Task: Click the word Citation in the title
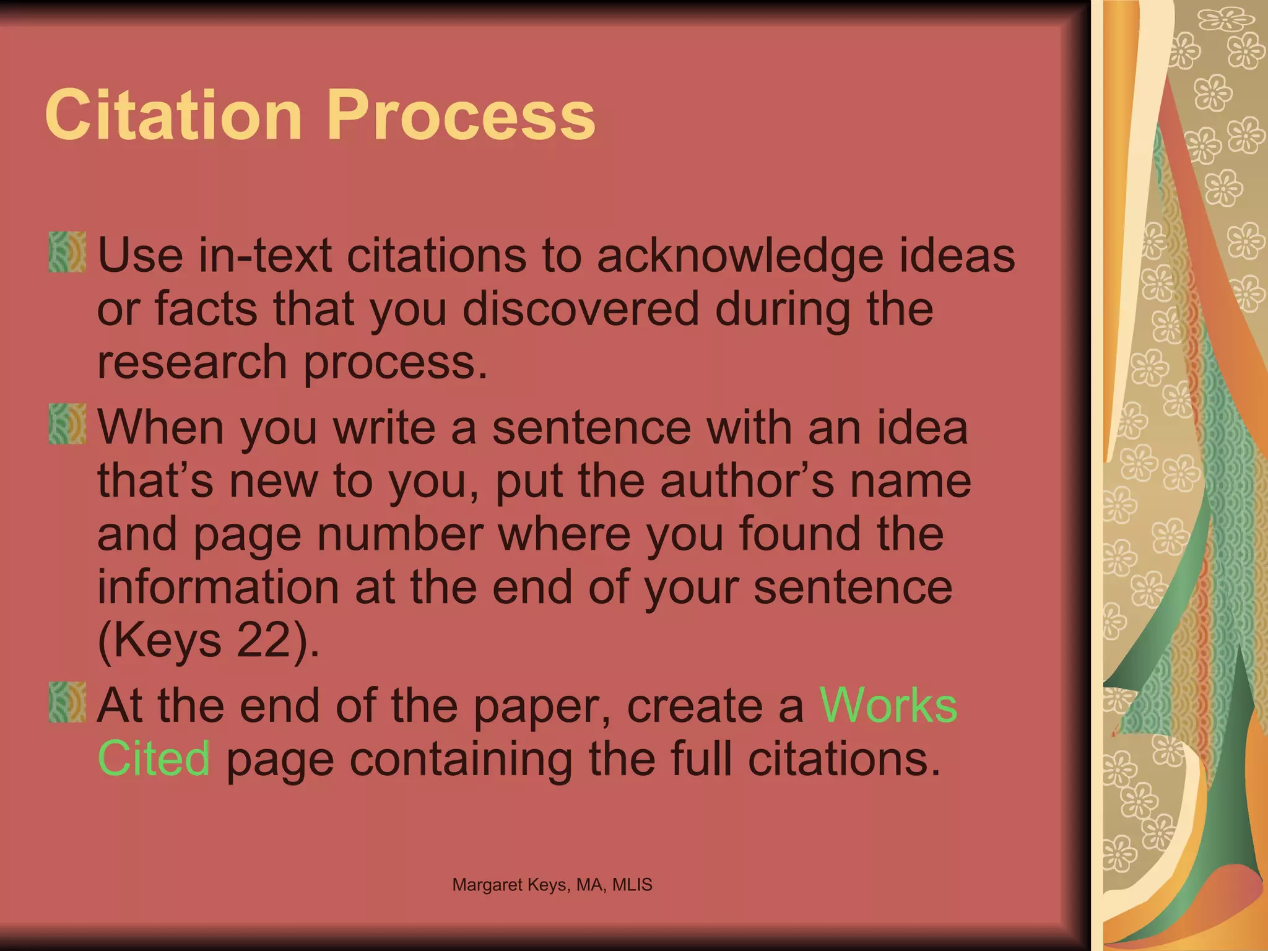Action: click(x=173, y=115)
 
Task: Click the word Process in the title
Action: click(x=461, y=115)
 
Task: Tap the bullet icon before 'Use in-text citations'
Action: click(x=67, y=252)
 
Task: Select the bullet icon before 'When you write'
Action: click(x=67, y=424)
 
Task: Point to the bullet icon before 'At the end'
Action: click(x=67, y=702)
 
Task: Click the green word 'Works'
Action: click(x=888, y=705)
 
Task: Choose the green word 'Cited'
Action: click(x=154, y=758)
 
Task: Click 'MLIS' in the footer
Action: click(x=632, y=885)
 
